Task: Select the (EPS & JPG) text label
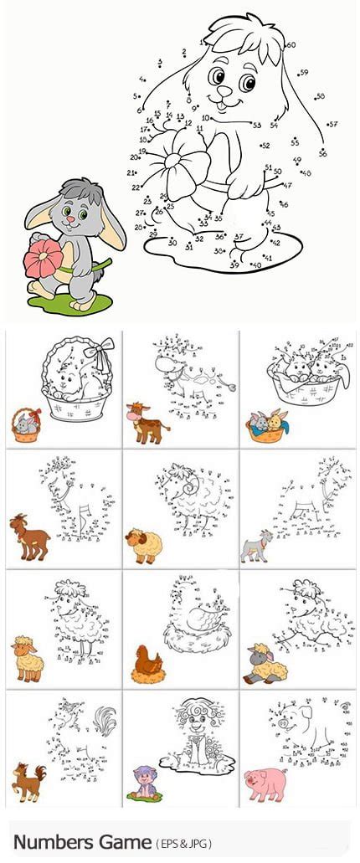click(187, 842)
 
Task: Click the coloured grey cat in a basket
click(27, 424)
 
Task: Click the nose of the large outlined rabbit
click(224, 94)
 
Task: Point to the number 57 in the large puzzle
click(332, 124)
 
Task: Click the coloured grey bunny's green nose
click(71, 218)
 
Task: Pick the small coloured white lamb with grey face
click(265, 664)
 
